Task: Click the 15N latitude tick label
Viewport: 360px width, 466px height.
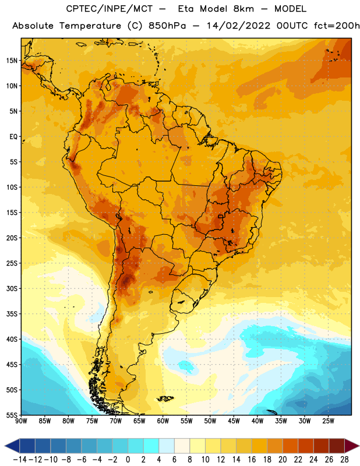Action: (x=12, y=61)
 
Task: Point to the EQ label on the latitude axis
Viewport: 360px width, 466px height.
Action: (x=13, y=137)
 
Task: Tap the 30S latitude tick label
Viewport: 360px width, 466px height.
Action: (x=12, y=288)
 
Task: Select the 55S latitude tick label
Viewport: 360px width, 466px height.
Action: (x=12, y=415)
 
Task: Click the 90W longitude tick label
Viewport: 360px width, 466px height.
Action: (x=22, y=421)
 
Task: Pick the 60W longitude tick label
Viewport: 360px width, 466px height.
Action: (x=163, y=421)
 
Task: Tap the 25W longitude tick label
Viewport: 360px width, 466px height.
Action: (x=328, y=421)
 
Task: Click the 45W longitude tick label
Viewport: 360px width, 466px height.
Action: (x=234, y=421)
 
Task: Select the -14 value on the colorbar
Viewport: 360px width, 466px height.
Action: (x=20, y=460)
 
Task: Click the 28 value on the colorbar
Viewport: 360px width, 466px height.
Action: (x=344, y=460)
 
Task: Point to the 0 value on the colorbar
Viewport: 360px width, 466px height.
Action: (x=128, y=460)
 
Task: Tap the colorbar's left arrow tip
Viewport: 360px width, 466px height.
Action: (x=5, y=446)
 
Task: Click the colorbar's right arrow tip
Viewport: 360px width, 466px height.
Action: (x=359, y=446)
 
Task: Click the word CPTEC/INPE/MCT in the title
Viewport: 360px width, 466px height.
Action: (x=110, y=9)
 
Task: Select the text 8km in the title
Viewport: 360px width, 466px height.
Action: (x=243, y=9)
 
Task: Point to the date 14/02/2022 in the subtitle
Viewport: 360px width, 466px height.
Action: (x=238, y=26)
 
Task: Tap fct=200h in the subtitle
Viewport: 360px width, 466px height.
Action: (x=337, y=26)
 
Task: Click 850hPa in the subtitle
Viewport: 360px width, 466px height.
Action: (x=167, y=26)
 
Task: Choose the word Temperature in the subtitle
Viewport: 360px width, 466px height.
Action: (x=90, y=26)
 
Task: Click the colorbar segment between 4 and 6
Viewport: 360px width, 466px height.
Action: (x=167, y=446)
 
